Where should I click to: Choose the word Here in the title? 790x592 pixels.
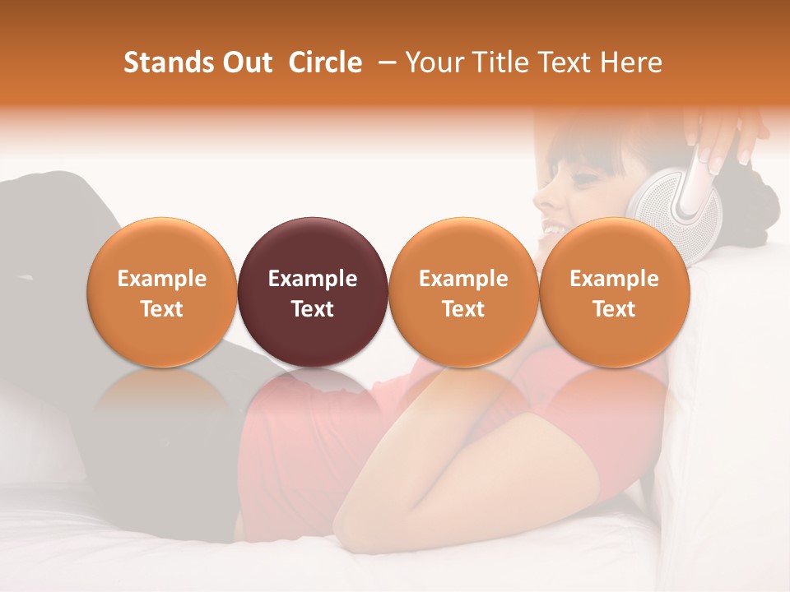(630, 62)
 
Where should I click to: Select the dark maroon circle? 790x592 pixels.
(313, 292)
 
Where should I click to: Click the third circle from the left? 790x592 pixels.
(463, 292)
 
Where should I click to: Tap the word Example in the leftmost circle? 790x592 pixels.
(162, 279)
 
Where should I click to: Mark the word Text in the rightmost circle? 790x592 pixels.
(614, 309)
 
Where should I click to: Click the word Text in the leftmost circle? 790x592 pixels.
(162, 309)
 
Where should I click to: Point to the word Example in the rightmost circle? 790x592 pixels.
(614, 279)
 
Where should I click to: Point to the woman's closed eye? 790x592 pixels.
(586, 177)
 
